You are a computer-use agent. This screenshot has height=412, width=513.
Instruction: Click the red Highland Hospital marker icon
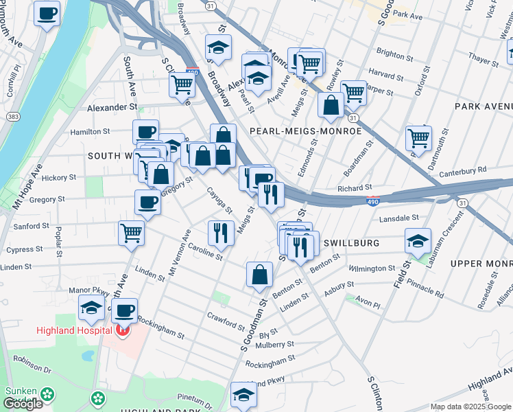coord(122,331)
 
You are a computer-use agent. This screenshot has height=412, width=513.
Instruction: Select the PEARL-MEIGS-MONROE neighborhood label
coord(305,130)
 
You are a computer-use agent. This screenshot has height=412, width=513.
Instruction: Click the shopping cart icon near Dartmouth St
coord(418,137)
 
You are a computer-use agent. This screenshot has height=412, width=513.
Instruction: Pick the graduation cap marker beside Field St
coord(418,241)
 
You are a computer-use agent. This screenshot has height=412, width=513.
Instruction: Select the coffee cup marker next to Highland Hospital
coord(124,310)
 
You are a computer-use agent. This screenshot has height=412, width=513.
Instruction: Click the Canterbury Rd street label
coord(463,170)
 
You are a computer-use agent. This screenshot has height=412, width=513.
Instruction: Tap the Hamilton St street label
coord(91,131)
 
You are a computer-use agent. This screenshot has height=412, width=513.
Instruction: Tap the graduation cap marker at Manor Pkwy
coord(91,308)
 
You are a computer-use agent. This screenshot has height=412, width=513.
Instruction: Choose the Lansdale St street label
coord(399,218)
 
